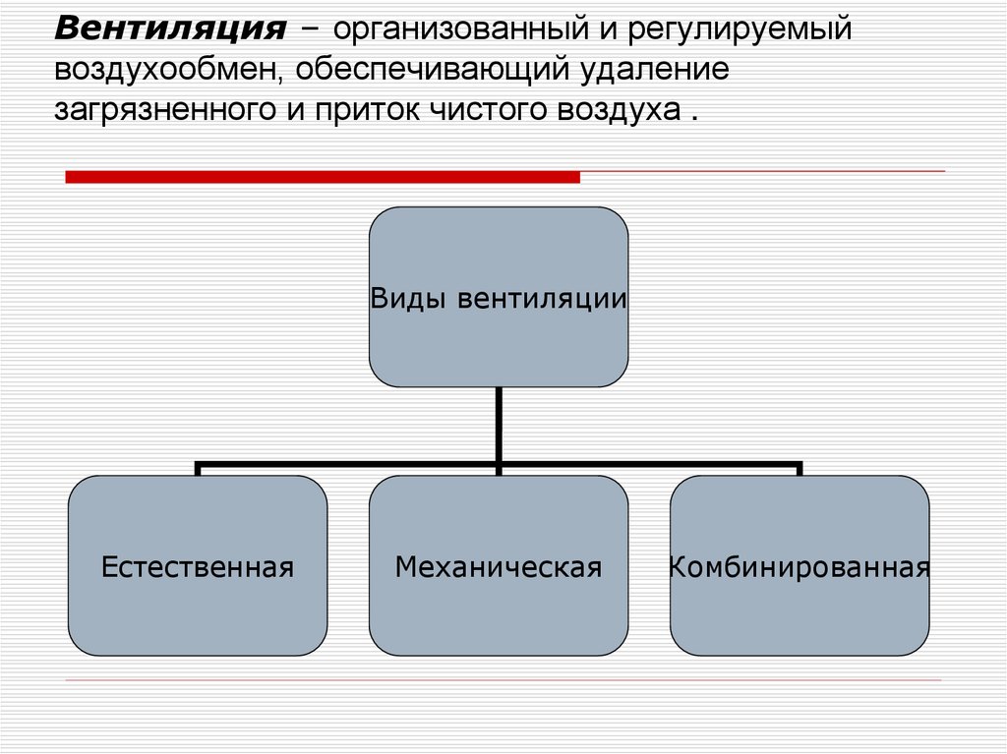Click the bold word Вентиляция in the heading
170,28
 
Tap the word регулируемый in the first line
734,30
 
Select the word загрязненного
166,109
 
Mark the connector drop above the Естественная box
198,469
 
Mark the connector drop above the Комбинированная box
800,469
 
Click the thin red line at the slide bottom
503,680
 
